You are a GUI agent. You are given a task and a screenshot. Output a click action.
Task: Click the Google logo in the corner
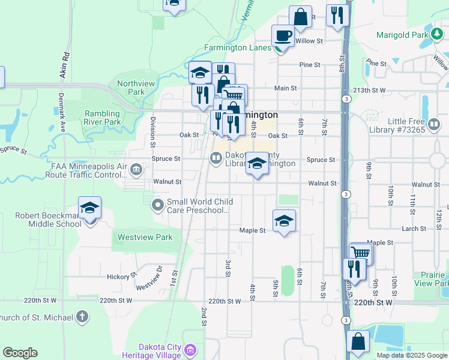tap(20, 353)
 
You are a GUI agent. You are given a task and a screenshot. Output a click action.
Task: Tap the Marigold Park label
tap(401, 35)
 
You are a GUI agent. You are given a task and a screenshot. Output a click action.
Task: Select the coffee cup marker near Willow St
tap(283, 35)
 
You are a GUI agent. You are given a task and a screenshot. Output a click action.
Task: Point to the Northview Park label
tap(131, 88)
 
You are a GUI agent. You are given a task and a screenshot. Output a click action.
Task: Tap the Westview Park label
tap(145, 237)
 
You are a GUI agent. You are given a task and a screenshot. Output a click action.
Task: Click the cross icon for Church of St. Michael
tap(82, 316)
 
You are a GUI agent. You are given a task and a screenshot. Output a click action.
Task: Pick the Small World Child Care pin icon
tap(158, 206)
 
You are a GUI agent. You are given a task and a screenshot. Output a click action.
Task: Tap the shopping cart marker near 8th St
tap(361, 253)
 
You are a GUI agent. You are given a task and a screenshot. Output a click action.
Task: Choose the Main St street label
tap(285, 88)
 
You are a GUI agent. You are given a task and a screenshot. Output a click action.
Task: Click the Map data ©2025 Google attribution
tap(411, 355)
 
